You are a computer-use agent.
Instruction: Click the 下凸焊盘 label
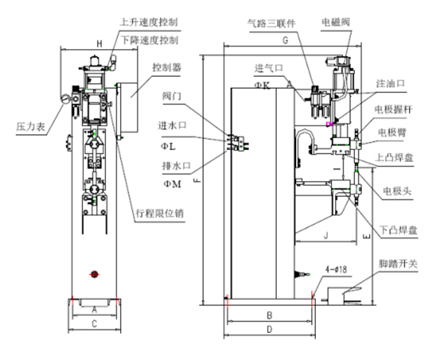point(398,230)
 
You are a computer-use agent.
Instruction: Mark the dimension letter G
point(284,42)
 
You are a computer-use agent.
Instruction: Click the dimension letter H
point(99,44)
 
